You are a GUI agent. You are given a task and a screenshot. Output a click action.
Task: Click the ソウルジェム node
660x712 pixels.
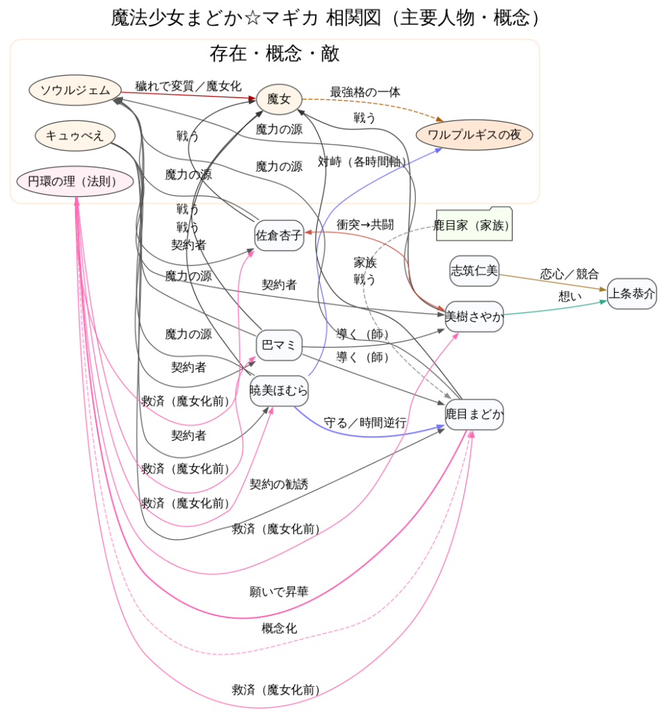75,90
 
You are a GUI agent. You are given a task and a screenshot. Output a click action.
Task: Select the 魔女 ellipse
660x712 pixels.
278,100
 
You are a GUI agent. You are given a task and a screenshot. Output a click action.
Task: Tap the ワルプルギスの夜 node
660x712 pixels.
474,135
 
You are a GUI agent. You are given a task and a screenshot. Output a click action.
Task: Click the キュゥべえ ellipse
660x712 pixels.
75,136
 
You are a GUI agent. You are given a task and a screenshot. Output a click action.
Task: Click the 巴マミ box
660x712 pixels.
279,345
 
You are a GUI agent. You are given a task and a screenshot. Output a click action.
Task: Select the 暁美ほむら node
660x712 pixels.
279,391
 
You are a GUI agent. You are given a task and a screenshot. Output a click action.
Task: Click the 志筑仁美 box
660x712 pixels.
474,271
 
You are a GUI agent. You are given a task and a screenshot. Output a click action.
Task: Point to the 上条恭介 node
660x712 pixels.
631,294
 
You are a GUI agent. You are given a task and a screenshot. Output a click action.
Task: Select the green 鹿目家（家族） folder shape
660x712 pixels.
474,225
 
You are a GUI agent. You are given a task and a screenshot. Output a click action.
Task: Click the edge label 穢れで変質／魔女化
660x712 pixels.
188,86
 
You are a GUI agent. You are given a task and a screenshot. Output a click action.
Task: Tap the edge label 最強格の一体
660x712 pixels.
365,92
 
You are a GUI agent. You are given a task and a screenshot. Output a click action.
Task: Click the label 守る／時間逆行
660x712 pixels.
365,422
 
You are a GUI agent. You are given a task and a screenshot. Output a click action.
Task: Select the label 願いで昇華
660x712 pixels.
279,592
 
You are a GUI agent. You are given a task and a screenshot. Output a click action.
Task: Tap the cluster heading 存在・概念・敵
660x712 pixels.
275,54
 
